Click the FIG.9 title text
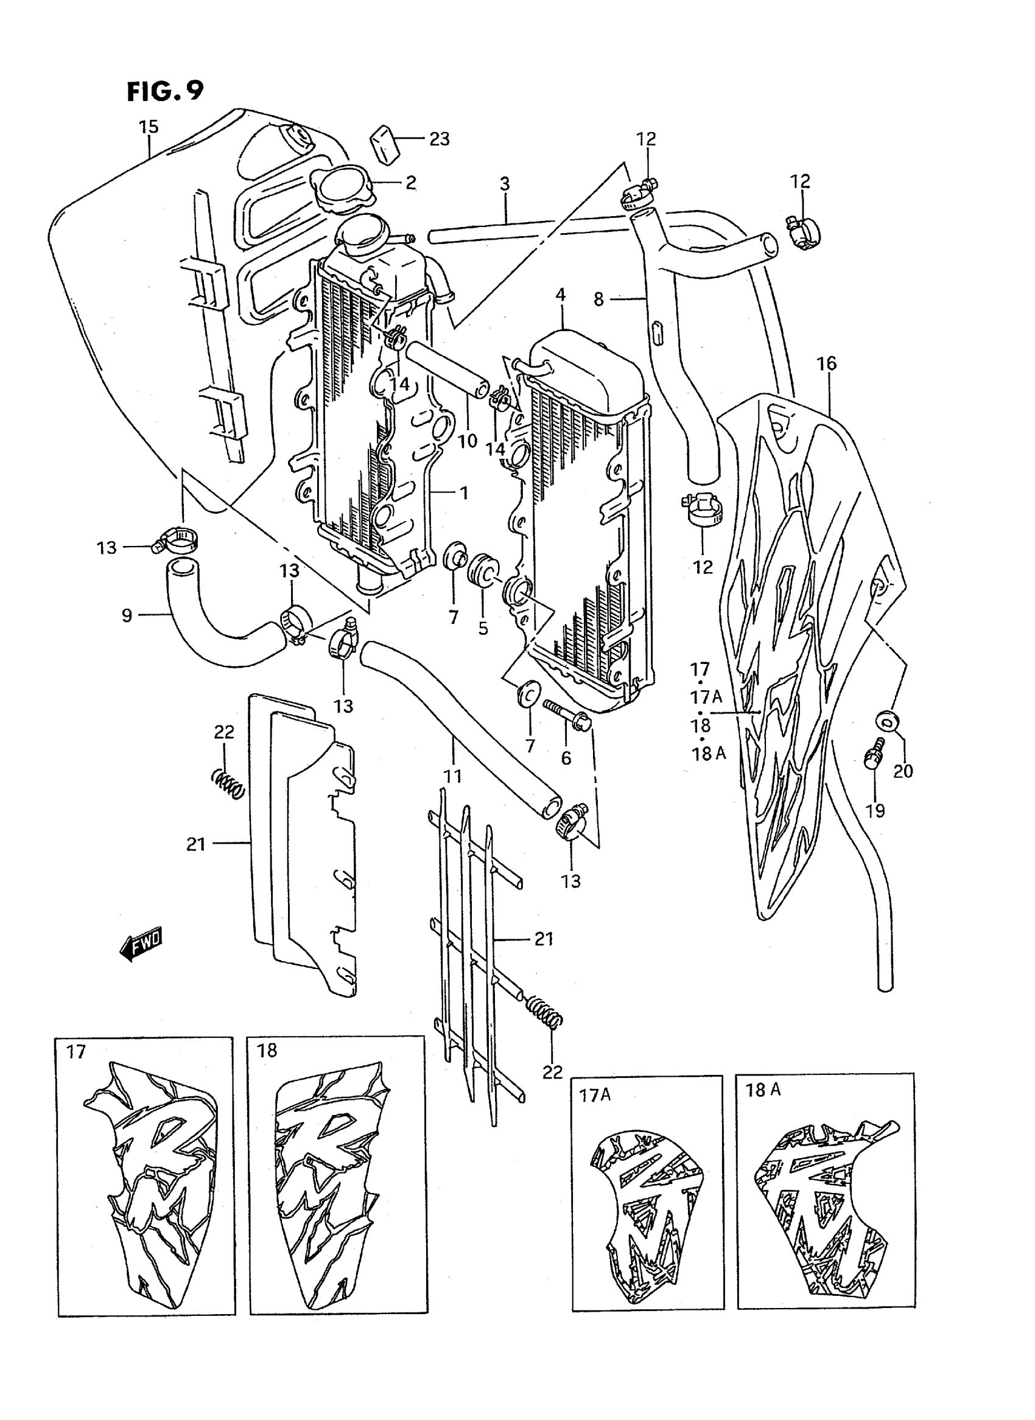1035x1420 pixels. click(165, 91)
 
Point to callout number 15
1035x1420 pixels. click(149, 127)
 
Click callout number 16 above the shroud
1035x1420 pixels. click(826, 363)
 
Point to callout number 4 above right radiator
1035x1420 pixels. click(560, 295)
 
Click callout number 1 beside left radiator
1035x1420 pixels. click(464, 493)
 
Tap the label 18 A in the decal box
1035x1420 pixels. click(762, 1091)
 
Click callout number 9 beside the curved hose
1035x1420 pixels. click(127, 615)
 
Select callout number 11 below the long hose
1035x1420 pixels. click(452, 777)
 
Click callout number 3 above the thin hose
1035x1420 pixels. click(504, 184)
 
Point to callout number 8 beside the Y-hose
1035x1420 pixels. click(599, 300)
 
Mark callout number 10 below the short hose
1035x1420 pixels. click(468, 441)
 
